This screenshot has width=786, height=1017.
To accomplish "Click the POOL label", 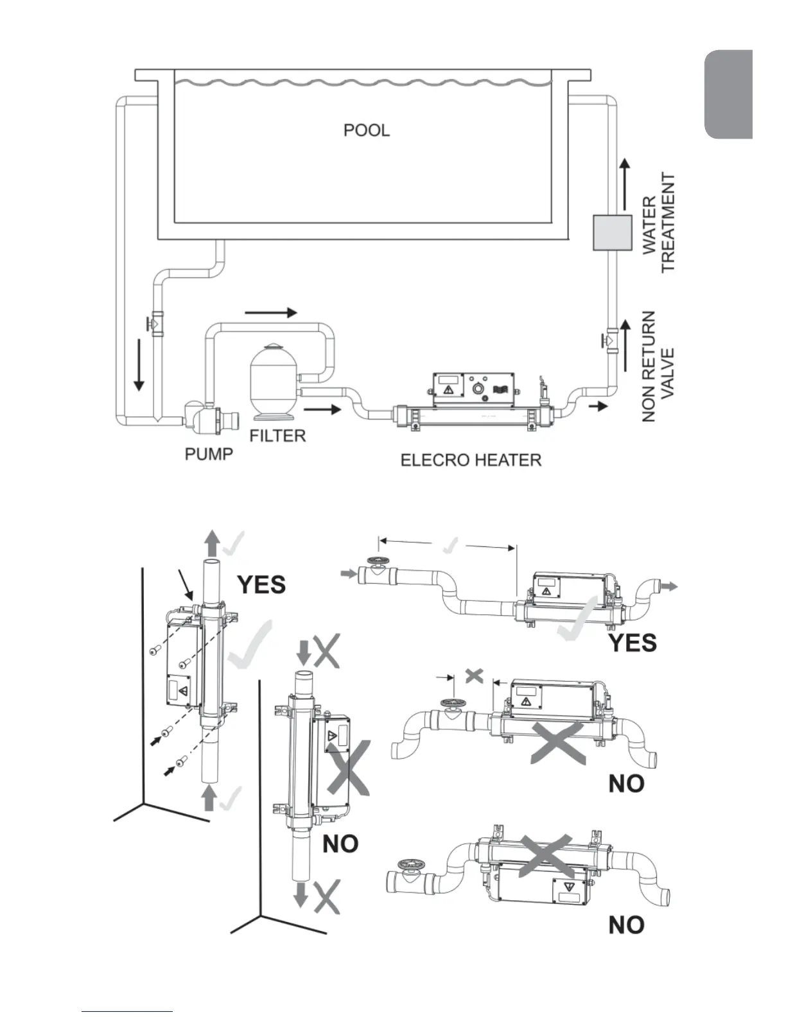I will (x=366, y=130).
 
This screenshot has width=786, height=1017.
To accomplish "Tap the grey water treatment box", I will (x=611, y=232).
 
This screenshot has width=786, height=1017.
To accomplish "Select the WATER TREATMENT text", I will (x=659, y=223).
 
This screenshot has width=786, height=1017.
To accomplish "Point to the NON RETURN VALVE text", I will (x=658, y=366).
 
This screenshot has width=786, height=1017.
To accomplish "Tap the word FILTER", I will (x=277, y=436).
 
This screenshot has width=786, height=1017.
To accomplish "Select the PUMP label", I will (x=209, y=454).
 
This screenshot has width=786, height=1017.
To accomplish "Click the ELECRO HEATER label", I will (x=471, y=460).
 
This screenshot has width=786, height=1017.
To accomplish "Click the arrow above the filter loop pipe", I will (x=271, y=313).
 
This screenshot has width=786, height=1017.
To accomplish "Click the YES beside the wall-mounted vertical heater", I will (x=261, y=584).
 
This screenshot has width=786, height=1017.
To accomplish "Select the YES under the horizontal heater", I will (x=632, y=642).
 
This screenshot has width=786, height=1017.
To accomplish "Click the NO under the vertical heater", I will (x=340, y=843).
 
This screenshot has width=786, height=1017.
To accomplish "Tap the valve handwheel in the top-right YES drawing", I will (x=375, y=561).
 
